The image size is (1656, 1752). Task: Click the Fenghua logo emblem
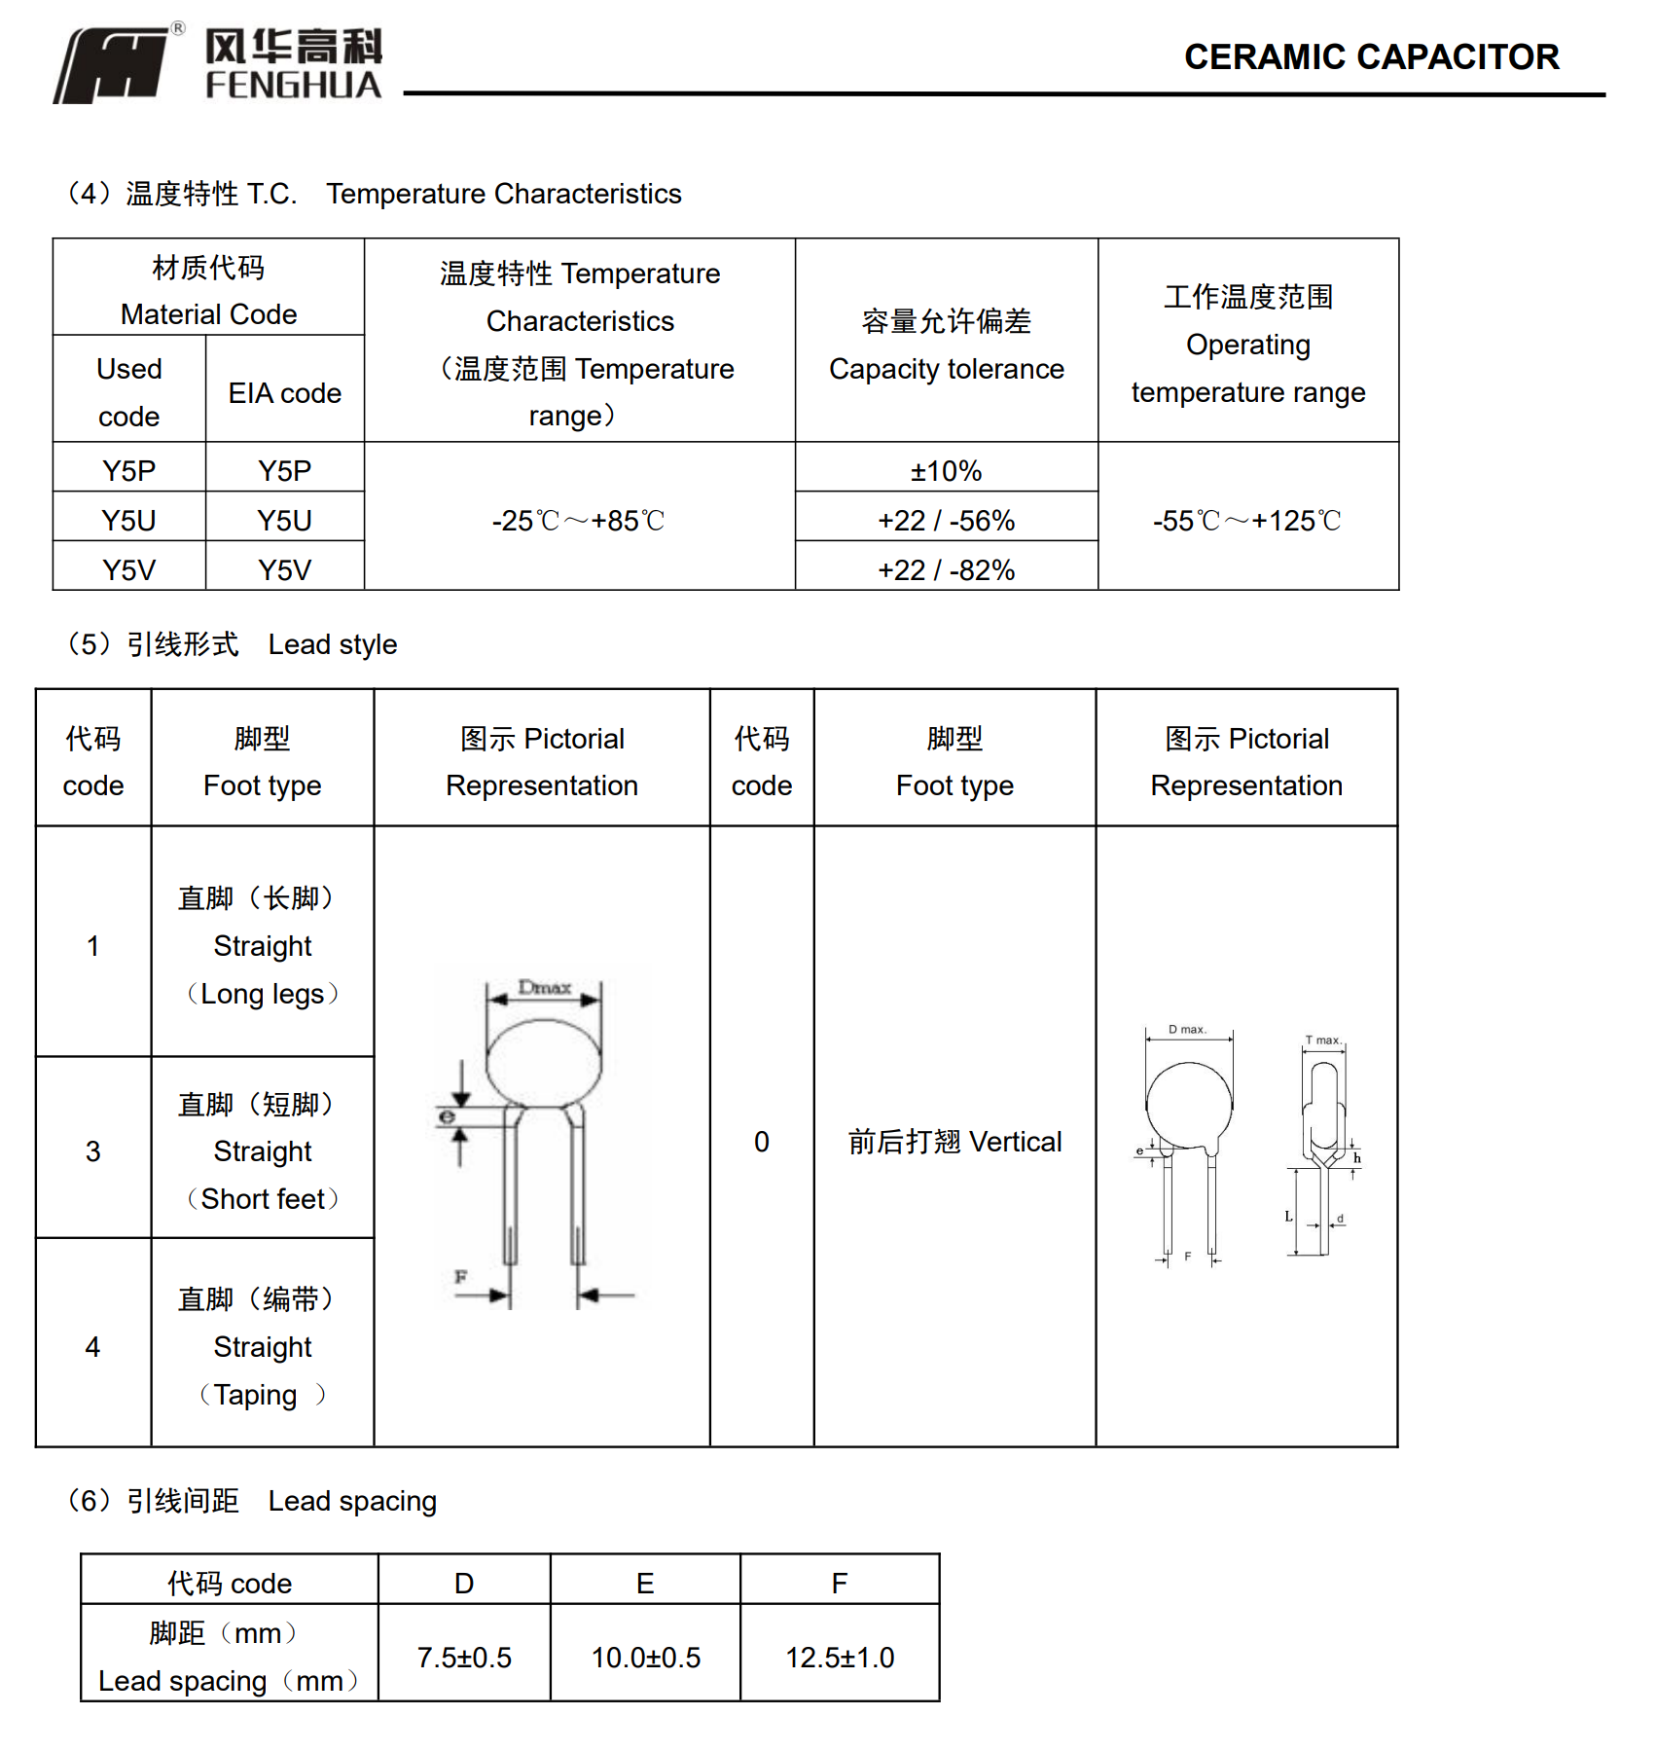[x=112, y=64]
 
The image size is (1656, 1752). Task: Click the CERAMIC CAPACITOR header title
[x=1370, y=57]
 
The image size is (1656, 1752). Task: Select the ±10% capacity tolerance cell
[x=946, y=471]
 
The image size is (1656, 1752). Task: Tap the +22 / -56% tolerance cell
[x=946, y=521]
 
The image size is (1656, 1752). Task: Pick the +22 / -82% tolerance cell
[x=946, y=569]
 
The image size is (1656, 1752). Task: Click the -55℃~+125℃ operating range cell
[x=1246, y=521]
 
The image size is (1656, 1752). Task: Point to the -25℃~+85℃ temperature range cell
[x=578, y=521]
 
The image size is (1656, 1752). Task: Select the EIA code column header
[x=284, y=393]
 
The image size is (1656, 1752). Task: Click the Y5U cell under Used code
[x=128, y=521]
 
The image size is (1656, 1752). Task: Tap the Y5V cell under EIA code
[x=284, y=569]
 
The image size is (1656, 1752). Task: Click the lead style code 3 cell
[x=92, y=1151]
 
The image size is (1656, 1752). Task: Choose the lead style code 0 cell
[x=761, y=1142]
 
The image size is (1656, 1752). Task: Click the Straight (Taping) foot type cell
[x=262, y=1347]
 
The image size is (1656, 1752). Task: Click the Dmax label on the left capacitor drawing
[x=544, y=987]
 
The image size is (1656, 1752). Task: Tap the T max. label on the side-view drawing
[x=1322, y=1040]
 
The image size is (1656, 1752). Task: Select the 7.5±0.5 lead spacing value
[x=464, y=1658]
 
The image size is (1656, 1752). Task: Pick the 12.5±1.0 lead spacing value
[x=840, y=1658]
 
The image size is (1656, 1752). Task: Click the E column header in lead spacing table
[x=645, y=1584]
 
